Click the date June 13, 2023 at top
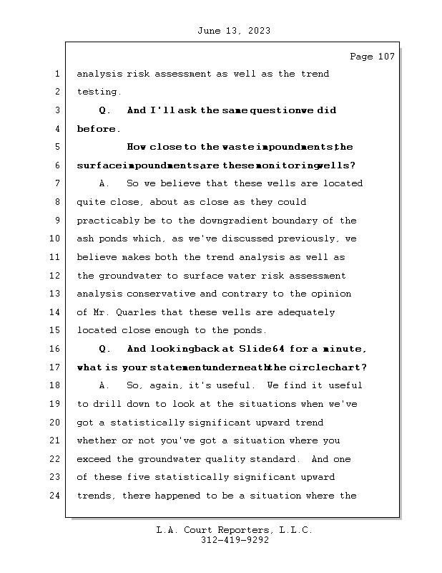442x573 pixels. tap(232, 31)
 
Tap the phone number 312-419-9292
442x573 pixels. tap(235, 541)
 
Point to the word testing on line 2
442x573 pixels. tap(99, 92)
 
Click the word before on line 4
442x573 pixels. tap(97, 130)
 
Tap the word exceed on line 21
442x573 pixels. tap(93, 459)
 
